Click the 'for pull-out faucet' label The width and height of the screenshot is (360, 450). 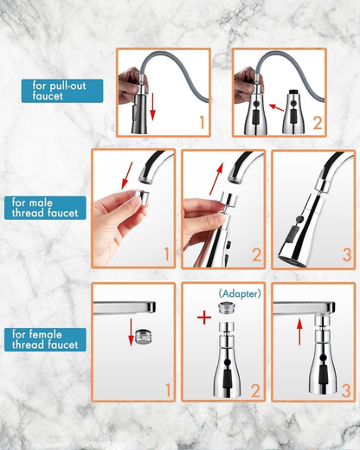pos(62,90)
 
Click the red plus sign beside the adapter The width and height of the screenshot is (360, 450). pos(203,318)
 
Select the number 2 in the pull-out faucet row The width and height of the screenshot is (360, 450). pos(317,124)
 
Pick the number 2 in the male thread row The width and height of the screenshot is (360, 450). pos(256,255)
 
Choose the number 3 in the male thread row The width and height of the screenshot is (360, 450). pos(346,255)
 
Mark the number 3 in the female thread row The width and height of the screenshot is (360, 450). pos(346,389)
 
